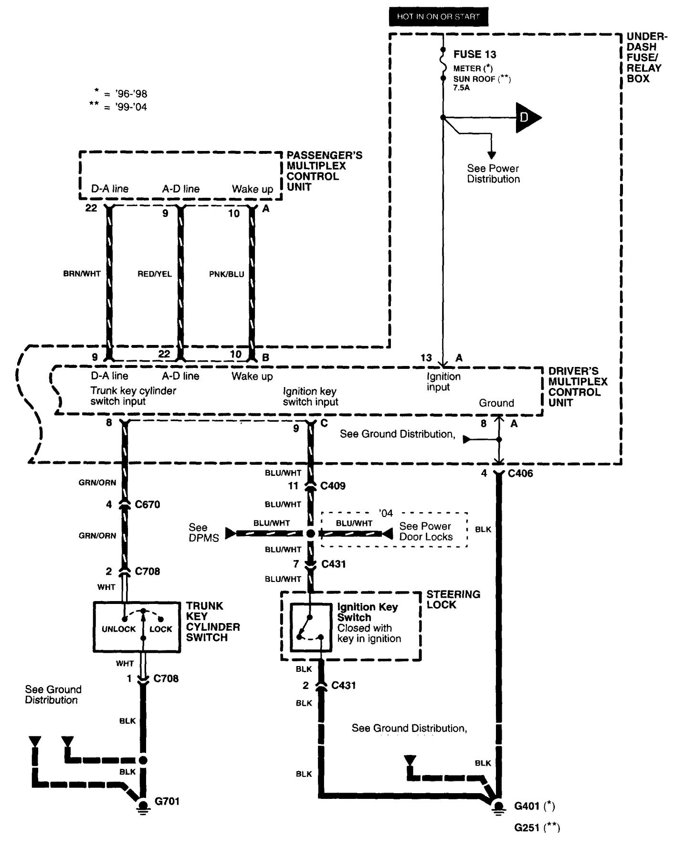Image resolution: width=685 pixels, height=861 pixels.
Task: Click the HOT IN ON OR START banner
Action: click(x=438, y=17)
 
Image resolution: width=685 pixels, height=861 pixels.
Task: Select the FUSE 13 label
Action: click(x=474, y=54)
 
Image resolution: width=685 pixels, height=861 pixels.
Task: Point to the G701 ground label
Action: click(x=167, y=801)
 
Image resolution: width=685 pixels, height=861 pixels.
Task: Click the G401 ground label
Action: click(x=527, y=806)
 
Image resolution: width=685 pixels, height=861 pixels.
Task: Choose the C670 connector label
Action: click(x=148, y=505)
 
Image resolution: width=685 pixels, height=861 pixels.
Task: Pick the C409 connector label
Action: click(x=333, y=486)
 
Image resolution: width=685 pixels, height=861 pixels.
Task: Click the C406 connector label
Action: click(x=520, y=474)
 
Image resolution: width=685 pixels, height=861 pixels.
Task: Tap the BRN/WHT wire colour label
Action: click(x=82, y=274)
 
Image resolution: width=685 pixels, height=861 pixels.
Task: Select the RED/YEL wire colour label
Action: click(x=154, y=274)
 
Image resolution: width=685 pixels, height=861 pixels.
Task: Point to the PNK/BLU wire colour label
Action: click(x=226, y=274)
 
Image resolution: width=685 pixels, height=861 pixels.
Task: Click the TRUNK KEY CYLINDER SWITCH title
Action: click(x=212, y=622)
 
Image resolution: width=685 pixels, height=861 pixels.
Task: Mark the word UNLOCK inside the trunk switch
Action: click(x=118, y=629)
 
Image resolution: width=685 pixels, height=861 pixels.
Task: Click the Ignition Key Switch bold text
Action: click(x=367, y=612)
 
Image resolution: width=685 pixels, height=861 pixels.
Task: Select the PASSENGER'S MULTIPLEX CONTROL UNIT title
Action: click(x=324, y=171)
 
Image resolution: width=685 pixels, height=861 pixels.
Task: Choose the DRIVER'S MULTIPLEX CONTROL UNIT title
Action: click(x=578, y=387)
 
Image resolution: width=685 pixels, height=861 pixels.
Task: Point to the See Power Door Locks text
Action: click(x=425, y=531)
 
